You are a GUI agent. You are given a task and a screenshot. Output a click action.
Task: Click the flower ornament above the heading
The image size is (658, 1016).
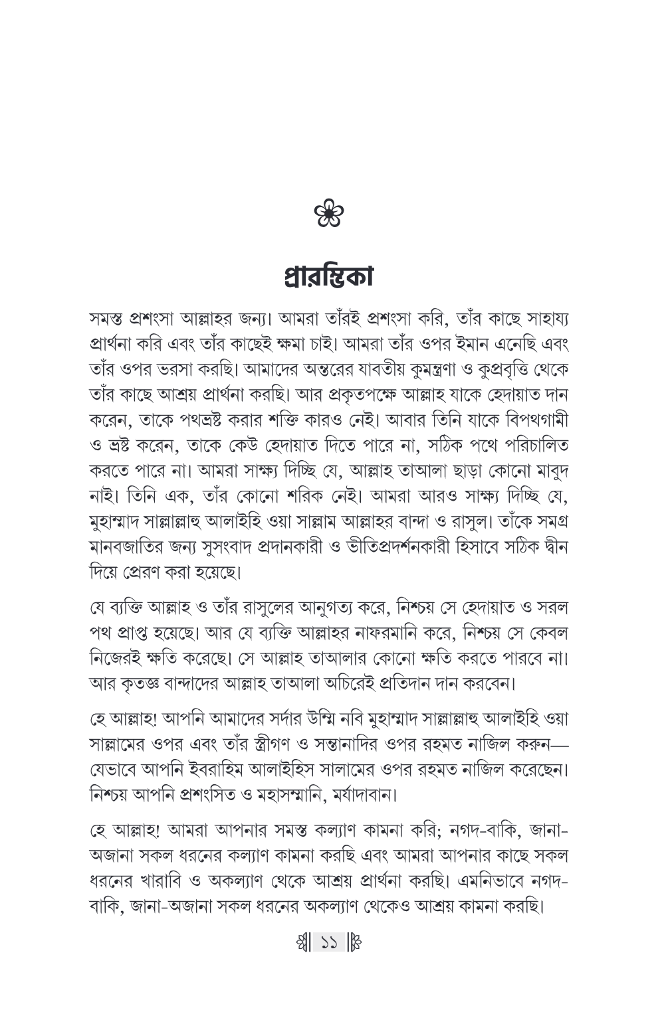point(329,214)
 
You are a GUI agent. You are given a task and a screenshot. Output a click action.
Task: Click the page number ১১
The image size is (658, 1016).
point(329,960)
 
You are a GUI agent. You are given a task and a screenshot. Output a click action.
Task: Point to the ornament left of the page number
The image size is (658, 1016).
point(304,960)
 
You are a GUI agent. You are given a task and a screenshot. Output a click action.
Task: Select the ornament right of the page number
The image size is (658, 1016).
point(354,960)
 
